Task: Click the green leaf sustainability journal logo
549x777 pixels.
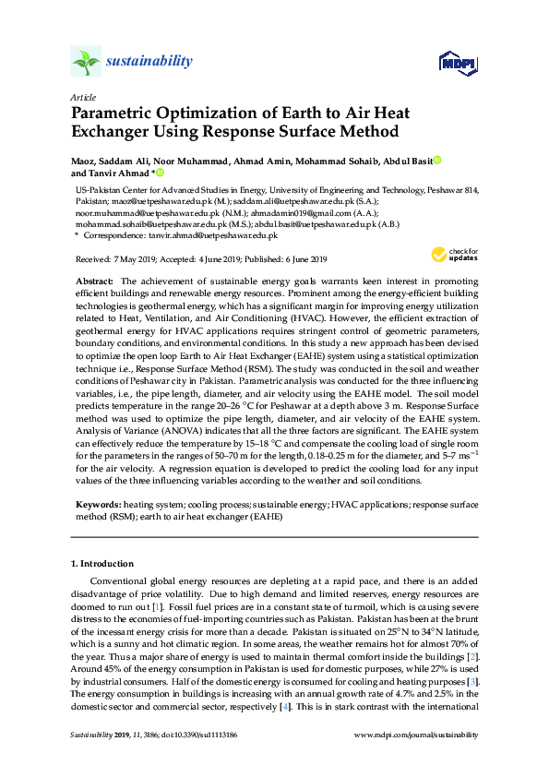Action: (x=86, y=63)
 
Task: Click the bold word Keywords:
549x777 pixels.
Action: (x=97, y=505)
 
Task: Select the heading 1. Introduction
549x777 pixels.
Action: (x=101, y=563)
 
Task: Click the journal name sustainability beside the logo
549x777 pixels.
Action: (x=149, y=62)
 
